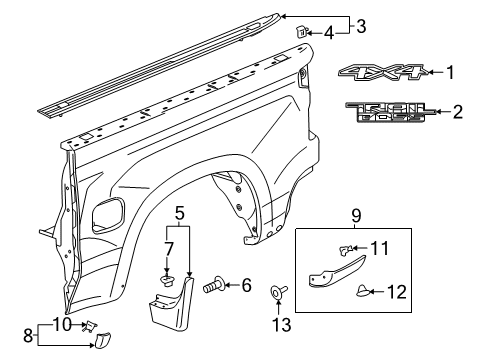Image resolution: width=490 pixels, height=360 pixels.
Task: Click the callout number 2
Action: [457, 113]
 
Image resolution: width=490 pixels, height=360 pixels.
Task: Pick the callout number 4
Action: [329, 34]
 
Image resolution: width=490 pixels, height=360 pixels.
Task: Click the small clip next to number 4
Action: [299, 33]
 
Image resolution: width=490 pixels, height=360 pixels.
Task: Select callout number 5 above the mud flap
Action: [180, 212]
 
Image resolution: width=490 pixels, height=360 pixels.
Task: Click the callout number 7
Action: [167, 247]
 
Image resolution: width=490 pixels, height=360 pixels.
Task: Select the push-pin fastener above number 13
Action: [275, 295]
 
